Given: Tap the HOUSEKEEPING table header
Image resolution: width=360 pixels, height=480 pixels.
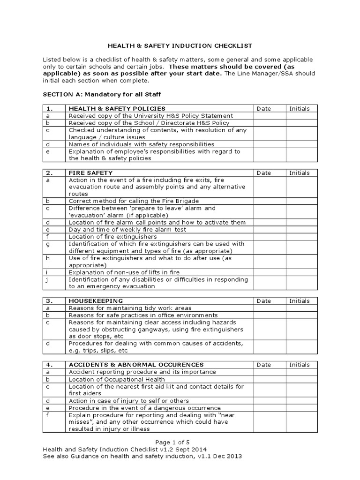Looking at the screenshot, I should tap(96, 301).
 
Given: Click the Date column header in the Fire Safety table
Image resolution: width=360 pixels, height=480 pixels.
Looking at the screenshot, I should tap(264, 173).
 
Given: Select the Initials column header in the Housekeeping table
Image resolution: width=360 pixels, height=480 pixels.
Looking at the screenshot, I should tap(299, 301).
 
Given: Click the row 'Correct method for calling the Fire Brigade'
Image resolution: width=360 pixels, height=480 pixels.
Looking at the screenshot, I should tap(134, 201).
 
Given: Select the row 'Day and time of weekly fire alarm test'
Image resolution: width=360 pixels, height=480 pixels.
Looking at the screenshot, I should tap(127, 230).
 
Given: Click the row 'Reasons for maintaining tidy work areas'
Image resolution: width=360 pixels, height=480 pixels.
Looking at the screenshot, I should tap(130, 308).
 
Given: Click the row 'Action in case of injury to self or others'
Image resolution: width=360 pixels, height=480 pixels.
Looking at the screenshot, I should tap(129, 401).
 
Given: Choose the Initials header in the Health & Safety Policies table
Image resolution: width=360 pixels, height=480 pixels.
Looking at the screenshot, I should tap(299, 109).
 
